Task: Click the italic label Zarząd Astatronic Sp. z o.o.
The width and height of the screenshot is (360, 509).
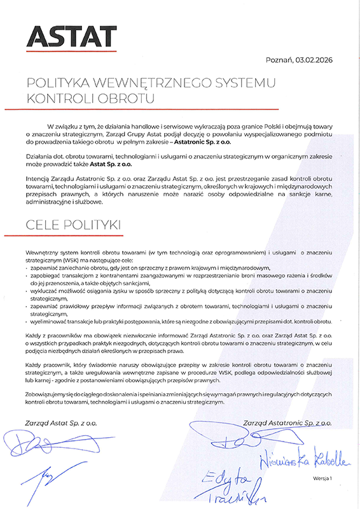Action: click(x=287, y=422)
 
